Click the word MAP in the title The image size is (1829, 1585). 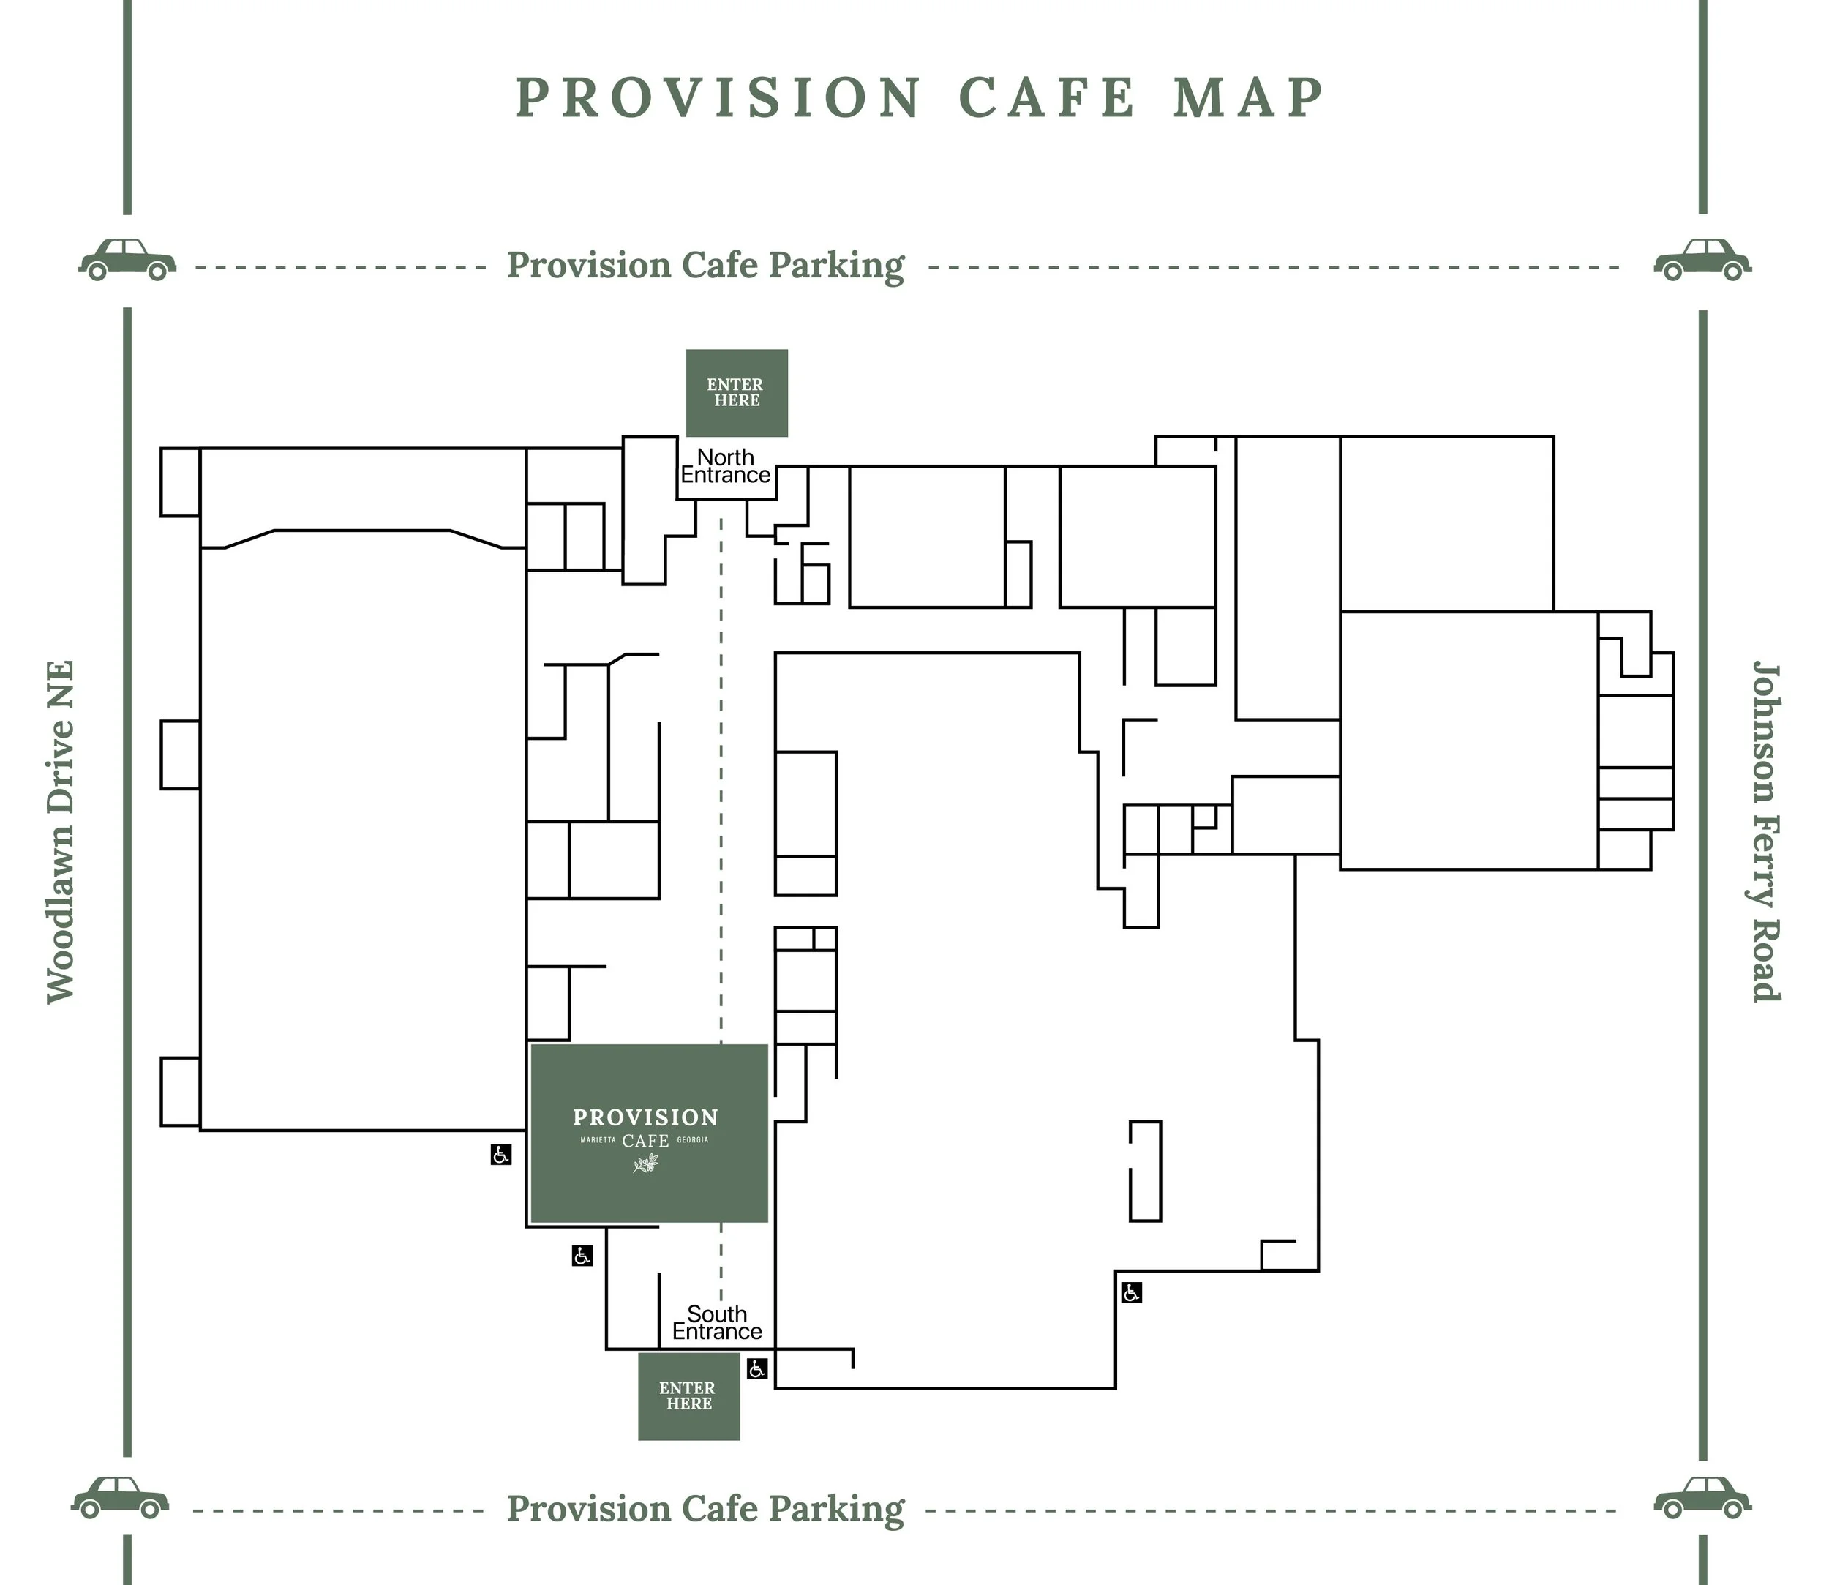click(x=1249, y=97)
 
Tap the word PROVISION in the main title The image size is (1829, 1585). click(x=718, y=97)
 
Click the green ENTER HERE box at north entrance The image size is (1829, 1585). click(x=737, y=393)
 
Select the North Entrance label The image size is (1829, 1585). click(x=725, y=466)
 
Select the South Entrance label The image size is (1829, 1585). click(x=717, y=1322)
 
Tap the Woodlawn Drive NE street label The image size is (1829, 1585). click(x=60, y=831)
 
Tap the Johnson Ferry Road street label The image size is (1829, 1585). click(x=1766, y=831)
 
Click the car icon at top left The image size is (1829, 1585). click(x=127, y=259)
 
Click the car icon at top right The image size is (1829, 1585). click(x=1702, y=259)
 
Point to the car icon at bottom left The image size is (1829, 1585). click(x=120, y=1497)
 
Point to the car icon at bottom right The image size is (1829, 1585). click(x=1702, y=1497)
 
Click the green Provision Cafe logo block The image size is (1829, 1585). click(x=648, y=1133)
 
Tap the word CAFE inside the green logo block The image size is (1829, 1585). click(x=645, y=1141)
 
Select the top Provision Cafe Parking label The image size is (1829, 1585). click(x=705, y=266)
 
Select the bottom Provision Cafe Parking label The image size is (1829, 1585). click(x=705, y=1509)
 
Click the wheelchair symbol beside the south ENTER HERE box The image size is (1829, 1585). click(x=757, y=1368)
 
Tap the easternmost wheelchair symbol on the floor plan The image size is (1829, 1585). click(x=1131, y=1292)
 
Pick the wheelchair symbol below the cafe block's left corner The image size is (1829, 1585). click(x=582, y=1255)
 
